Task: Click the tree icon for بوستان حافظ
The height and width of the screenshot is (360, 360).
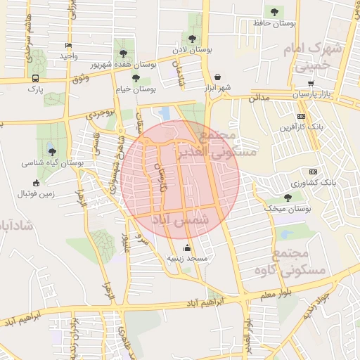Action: click(x=274, y=11)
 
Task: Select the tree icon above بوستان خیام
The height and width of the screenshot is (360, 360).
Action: click(x=135, y=78)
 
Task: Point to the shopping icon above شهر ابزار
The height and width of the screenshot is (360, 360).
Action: click(x=217, y=77)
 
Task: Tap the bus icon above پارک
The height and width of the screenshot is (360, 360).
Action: click(x=36, y=78)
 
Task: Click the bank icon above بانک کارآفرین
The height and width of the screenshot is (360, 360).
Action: click(x=302, y=116)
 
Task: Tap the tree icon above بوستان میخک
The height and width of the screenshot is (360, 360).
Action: click(x=287, y=198)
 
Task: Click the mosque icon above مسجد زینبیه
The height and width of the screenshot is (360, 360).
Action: click(x=187, y=247)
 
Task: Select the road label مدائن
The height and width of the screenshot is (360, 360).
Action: click(x=258, y=99)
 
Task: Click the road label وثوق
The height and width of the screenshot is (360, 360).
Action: click(x=80, y=77)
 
